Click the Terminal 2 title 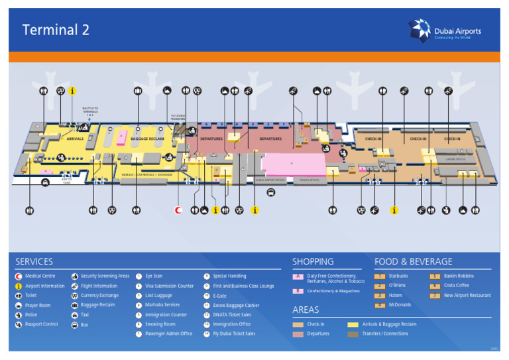[56, 30]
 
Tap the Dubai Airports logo [445, 30]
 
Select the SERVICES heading [34, 262]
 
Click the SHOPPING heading [313, 262]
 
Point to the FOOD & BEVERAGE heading [413, 262]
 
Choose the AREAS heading [306, 310]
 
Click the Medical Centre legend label [40, 276]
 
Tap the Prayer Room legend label [38, 305]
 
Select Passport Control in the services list [42, 324]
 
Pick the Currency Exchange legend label [99, 295]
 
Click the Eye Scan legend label [154, 276]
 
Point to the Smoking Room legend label [160, 324]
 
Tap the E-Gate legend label [220, 295]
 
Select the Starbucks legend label [398, 276]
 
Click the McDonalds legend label [400, 305]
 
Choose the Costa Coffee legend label [457, 286]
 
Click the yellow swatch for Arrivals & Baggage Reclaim [353, 324]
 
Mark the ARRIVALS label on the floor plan [75, 139]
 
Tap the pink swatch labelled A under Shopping [298, 276]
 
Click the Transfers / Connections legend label [385, 333]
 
